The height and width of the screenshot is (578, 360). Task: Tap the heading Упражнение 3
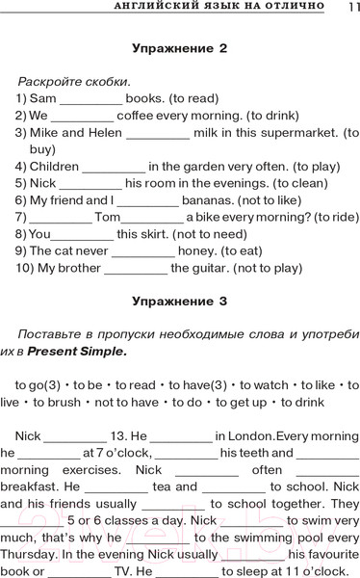point(179,301)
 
